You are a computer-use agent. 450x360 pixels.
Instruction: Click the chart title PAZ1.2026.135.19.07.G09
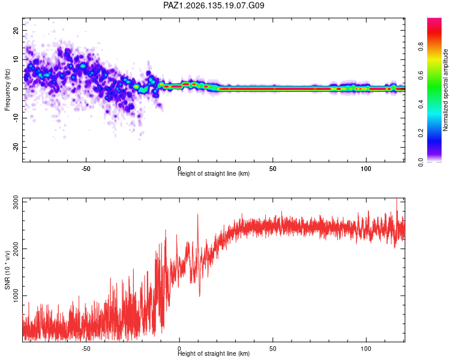click(214, 5)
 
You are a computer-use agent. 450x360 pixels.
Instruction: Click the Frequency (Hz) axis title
click(7, 90)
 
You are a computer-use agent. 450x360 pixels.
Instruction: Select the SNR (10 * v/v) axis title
click(7, 270)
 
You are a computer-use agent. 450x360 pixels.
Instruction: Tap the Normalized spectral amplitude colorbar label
click(445, 90)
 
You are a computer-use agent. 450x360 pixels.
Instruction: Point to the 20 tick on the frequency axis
click(16, 30)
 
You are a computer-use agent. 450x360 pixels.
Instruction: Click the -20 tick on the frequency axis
click(16, 147)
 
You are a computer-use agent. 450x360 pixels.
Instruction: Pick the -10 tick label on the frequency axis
click(16, 118)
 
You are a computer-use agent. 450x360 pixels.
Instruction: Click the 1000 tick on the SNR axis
click(16, 295)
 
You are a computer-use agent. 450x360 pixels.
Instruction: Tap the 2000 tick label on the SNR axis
click(16, 248)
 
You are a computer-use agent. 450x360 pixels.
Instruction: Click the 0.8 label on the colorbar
click(421, 47)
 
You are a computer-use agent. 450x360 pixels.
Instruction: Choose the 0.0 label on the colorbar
click(421, 162)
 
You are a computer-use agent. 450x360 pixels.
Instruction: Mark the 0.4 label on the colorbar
click(421, 104)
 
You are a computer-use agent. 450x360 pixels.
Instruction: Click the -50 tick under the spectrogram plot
click(86, 169)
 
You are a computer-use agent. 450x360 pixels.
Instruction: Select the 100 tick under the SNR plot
click(366, 349)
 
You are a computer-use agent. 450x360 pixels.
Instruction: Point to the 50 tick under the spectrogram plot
click(272, 169)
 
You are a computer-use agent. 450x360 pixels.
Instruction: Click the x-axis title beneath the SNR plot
click(214, 353)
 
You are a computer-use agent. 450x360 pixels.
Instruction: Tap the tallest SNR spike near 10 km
click(198, 214)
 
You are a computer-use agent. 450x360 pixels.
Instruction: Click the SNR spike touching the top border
click(397, 199)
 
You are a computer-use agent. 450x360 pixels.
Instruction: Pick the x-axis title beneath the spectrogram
click(214, 173)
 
